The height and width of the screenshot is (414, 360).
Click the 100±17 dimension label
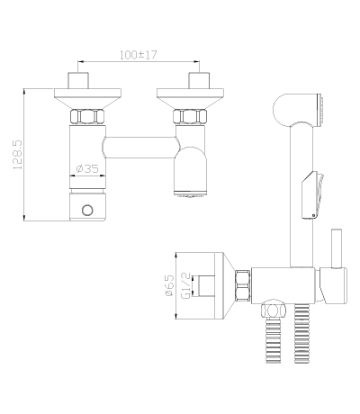139,55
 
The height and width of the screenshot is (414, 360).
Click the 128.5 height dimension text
18,155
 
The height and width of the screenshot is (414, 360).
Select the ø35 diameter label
87,169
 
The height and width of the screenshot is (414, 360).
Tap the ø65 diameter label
169,285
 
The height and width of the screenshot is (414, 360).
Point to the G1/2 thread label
186,285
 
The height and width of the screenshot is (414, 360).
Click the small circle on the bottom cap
87,211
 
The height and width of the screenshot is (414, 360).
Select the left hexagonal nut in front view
87,116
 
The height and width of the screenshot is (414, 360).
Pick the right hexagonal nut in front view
190,116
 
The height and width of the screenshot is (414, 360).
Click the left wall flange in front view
87,98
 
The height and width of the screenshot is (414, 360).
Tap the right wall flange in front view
190,98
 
